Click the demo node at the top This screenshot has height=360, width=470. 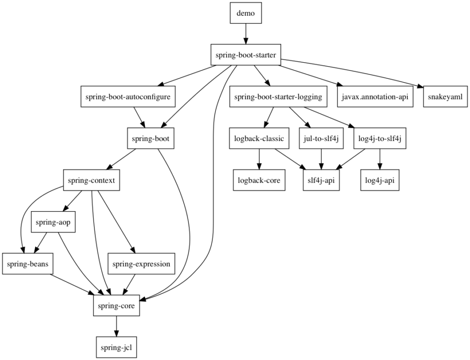tap(245, 13)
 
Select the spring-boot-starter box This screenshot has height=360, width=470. tap(246, 55)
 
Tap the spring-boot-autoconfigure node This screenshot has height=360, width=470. tap(127, 97)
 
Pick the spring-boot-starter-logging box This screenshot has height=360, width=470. tap(278, 97)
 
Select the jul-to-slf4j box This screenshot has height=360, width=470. tap(321, 139)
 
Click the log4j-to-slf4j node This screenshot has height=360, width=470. tap(380, 139)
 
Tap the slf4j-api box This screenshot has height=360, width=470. tap(321, 180)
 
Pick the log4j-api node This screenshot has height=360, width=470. tap(380, 180)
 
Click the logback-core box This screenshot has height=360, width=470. tap(259, 180)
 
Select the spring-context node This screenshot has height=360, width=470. tap(92, 180)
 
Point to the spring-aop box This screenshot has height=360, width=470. tap(53, 222)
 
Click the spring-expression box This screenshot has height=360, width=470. tap(141, 264)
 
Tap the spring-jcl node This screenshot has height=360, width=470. tap(117, 348)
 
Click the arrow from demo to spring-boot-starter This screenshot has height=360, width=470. tap(245, 34)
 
